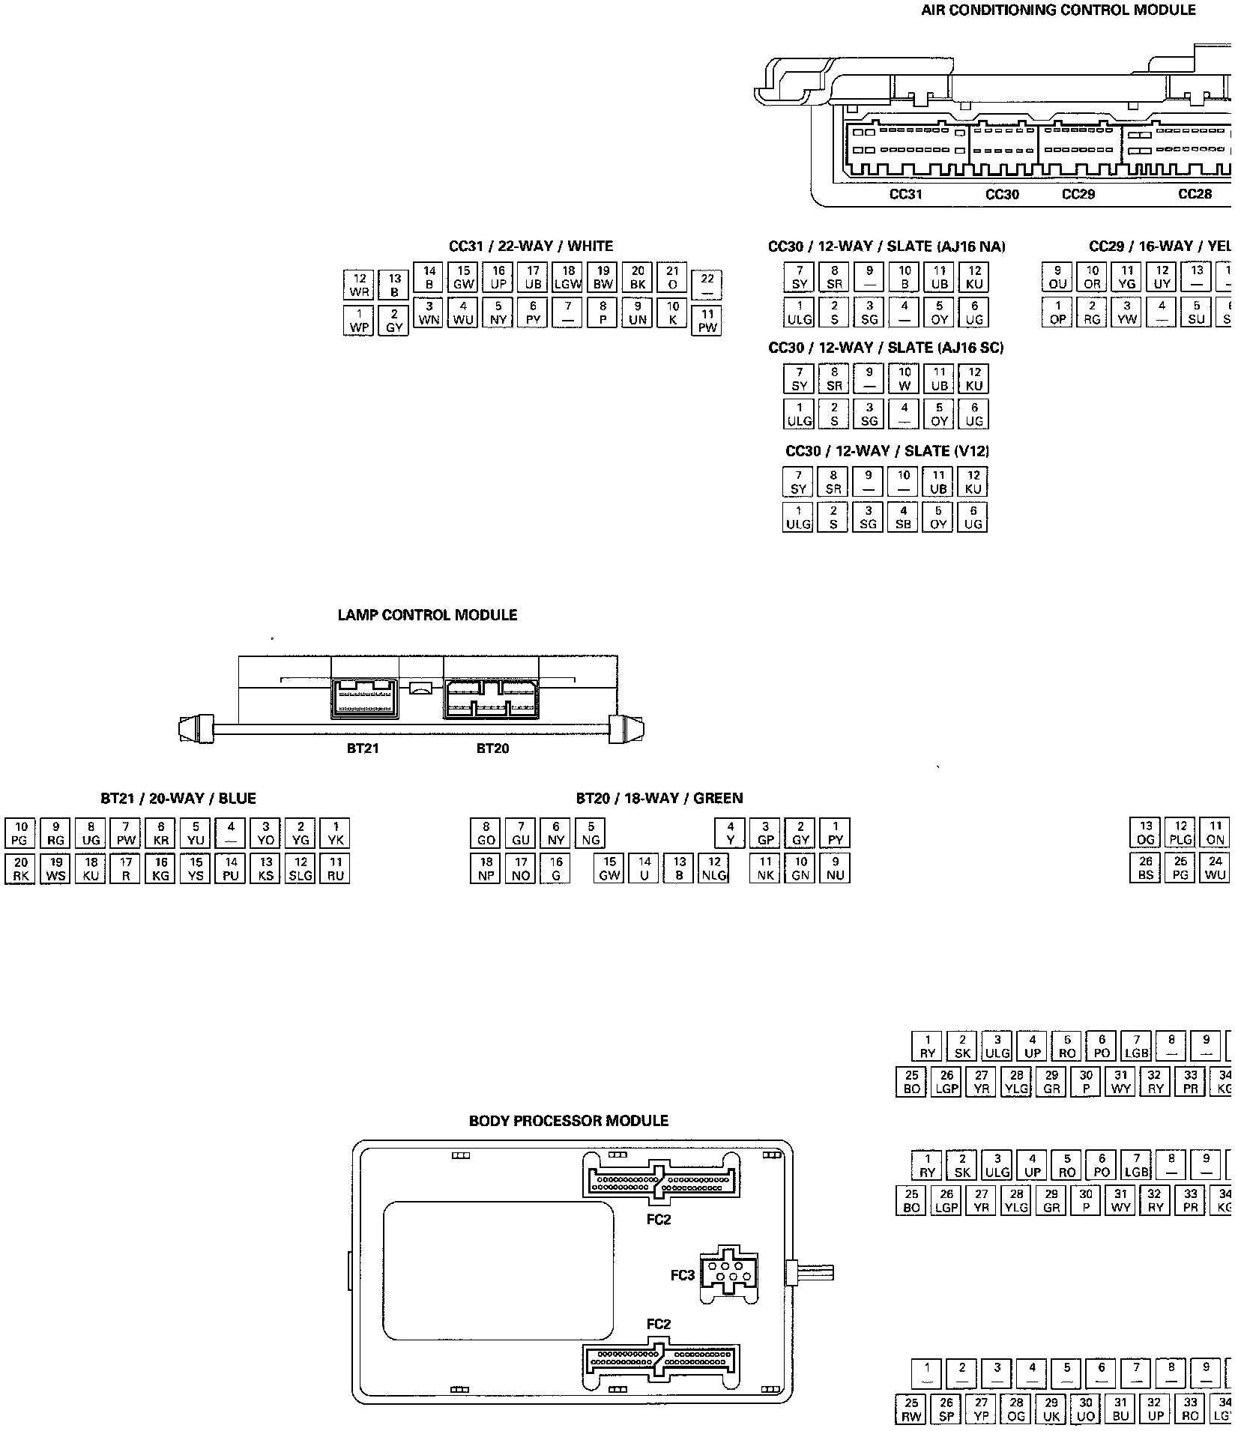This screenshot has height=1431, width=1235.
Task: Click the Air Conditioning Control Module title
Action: click(1058, 10)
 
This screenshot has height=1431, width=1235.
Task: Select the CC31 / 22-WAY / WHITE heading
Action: click(531, 246)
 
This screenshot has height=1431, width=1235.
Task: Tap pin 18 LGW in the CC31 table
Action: click(568, 278)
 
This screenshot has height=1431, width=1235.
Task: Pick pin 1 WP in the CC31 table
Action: click(359, 321)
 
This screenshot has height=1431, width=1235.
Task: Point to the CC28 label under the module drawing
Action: click(1195, 194)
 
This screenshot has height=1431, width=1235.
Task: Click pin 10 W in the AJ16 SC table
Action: click(905, 379)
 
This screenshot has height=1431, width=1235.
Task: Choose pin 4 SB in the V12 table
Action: click(903, 517)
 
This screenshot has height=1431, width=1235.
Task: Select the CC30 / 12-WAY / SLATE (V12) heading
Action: click(887, 451)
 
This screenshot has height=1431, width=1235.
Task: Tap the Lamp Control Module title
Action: click(427, 615)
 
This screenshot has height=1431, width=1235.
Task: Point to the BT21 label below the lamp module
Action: click(363, 748)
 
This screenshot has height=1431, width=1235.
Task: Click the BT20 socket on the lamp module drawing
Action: click(492, 698)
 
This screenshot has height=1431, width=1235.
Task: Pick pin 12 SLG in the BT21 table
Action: click(301, 868)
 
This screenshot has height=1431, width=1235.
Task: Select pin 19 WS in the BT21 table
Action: click(56, 868)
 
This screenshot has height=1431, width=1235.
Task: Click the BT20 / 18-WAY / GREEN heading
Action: click(659, 799)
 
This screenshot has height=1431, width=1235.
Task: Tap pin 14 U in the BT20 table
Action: click(644, 868)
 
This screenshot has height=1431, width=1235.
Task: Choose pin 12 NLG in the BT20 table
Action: click(714, 868)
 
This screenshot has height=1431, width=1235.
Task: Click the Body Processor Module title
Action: click(568, 1121)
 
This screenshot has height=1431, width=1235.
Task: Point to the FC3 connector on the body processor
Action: click(728, 1274)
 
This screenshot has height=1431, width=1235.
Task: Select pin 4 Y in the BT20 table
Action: click(731, 833)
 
